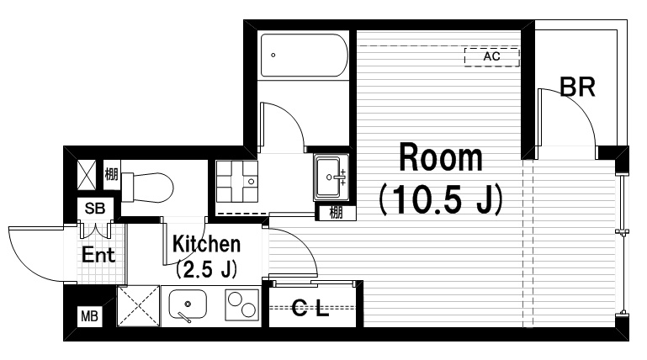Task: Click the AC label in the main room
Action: click(x=491, y=56)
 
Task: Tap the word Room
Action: click(x=441, y=157)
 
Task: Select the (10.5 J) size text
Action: click(x=441, y=199)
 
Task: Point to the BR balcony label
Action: click(x=577, y=87)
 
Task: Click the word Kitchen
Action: click(x=206, y=244)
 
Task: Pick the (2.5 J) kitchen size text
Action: click(x=206, y=269)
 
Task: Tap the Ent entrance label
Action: click(x=98, y=254)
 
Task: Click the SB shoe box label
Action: click(x=95, y=209)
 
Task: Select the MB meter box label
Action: click(x=89, y=316)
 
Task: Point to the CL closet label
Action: click(x=310, y=307)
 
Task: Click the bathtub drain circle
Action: click(x=273, y=55)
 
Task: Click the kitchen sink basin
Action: click(x=188, y=304)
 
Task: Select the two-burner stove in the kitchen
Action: click(x=242, y=305)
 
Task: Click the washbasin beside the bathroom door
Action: click(x=331, y=177)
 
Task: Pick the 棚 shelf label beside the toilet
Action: click(x=111, y=174)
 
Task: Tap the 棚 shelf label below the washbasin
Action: click(x=336, y=213)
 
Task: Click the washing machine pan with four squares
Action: click(x=237, y=182)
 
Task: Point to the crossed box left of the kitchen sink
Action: click(x=138, y=306)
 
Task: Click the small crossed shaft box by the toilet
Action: click(x=87, y=175)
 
